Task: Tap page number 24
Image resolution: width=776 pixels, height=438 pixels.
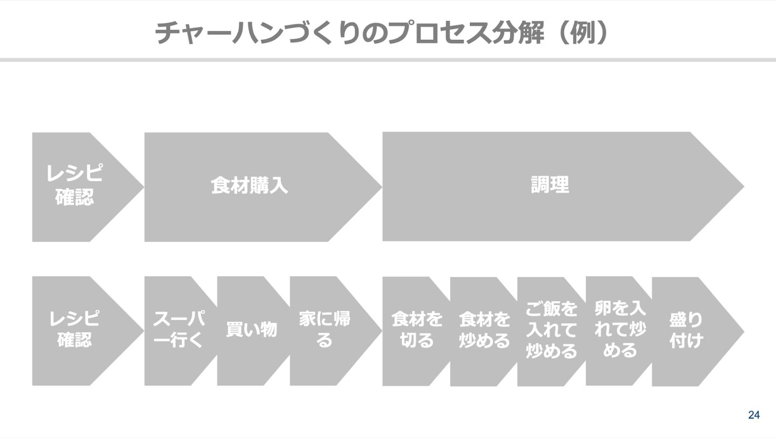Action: [x=754, y=415]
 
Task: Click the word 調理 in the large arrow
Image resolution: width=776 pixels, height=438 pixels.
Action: [x=550, y=185]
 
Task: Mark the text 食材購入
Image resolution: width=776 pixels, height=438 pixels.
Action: [x=250, y=186]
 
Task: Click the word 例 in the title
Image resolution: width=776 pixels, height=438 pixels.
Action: [x=585, y=33]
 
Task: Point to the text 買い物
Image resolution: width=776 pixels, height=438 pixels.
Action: [x=251, y=329]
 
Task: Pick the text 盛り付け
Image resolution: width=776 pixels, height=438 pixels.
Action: [x=686, y=330]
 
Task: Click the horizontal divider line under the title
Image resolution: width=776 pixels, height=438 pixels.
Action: [x=388, y=59]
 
